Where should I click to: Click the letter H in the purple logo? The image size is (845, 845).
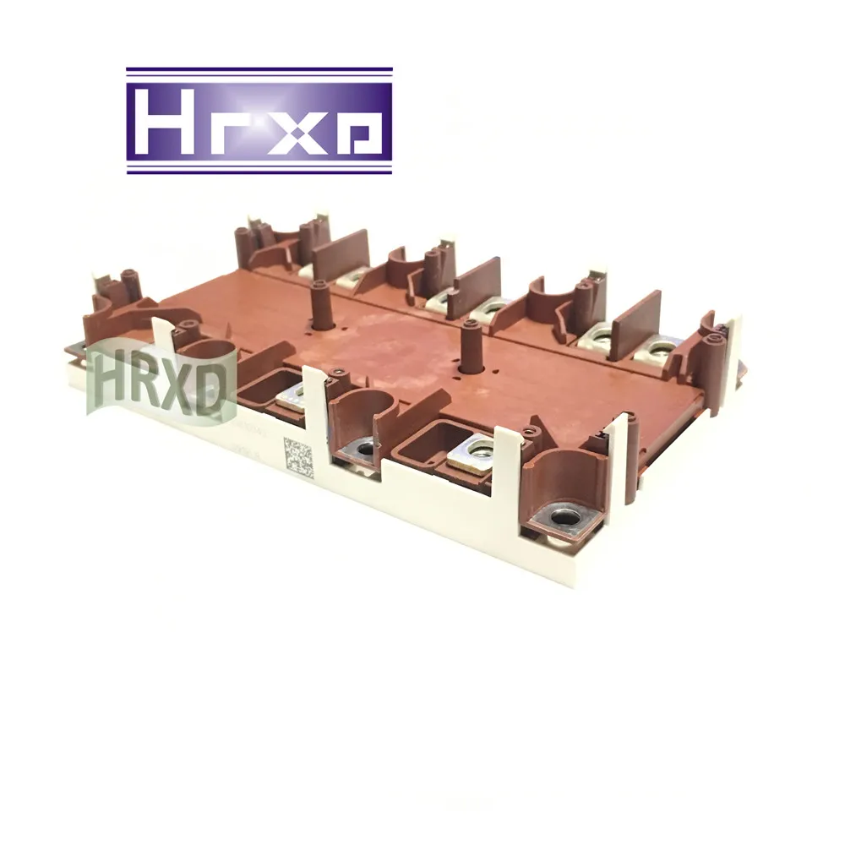click(x=166, y=121)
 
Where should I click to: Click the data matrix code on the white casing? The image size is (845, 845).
click(x=298, y=457)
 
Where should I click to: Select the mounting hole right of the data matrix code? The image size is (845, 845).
click(x=366, y=450)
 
